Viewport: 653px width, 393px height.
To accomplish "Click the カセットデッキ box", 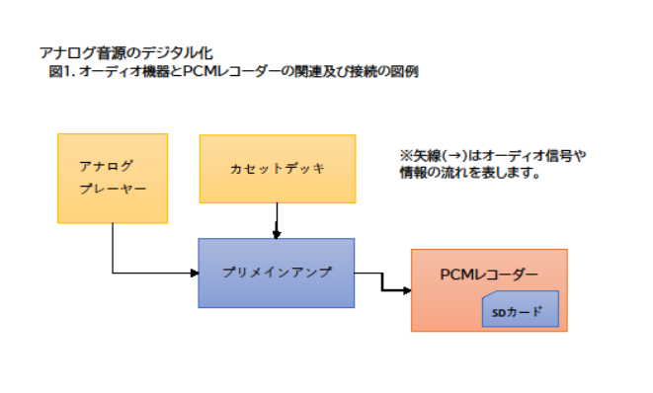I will point(277,167).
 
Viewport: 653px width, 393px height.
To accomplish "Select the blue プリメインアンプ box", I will point(276,272).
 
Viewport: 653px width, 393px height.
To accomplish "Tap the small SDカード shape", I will point(520,311).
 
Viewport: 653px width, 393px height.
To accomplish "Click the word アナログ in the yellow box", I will point(106,165).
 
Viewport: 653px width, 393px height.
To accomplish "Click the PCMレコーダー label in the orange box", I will point(489,274).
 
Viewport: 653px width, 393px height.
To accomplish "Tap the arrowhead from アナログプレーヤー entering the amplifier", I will point(194,272).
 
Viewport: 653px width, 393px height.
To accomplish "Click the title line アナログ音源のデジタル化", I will point(125,52).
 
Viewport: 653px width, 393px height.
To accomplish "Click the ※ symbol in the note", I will point(405,156).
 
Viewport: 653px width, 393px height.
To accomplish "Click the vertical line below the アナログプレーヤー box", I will point(113,247).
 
